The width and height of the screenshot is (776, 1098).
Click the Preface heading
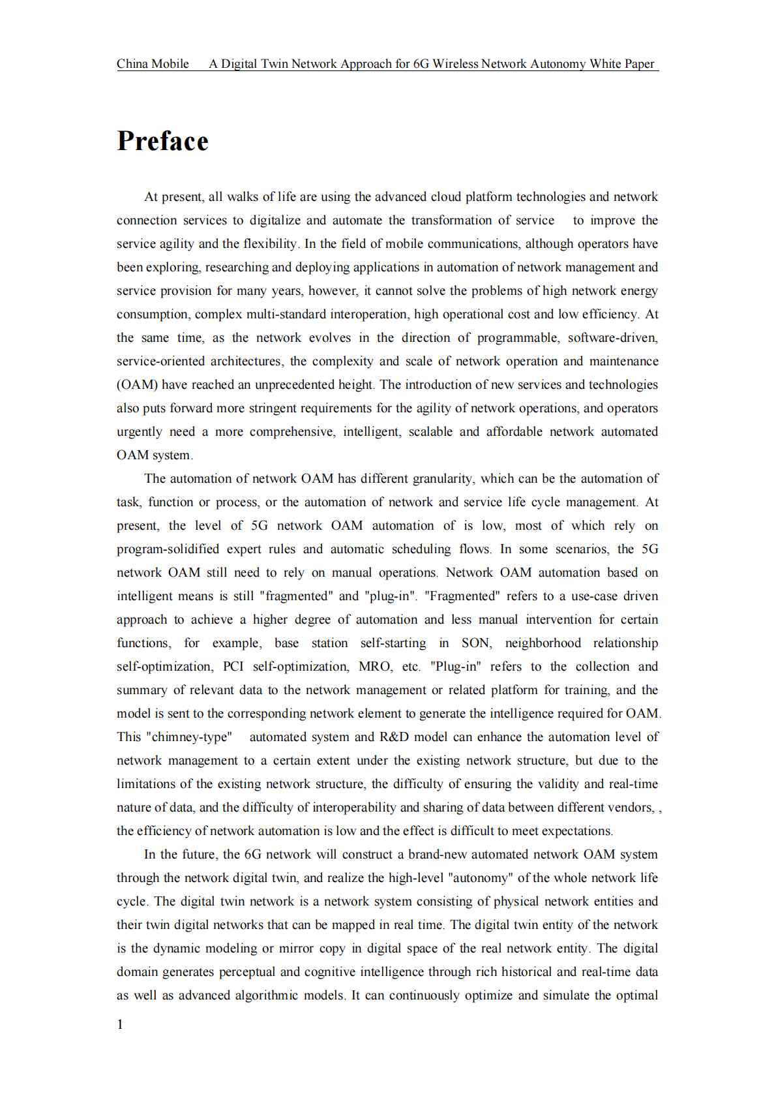(x=162, y=142)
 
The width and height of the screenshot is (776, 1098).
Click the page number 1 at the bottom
(x=120, y=1024)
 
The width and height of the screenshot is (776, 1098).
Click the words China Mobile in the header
(x=153, y=64)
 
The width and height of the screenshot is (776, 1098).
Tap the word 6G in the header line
(x=421, y=64)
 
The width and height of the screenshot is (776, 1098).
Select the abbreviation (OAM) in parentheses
(x=137, y=385)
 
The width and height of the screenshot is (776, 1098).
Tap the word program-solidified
(x=168, y=549)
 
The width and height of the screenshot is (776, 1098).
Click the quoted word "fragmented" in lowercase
(x=296, y=596)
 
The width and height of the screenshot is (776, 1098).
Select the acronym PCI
(x=233, y=667)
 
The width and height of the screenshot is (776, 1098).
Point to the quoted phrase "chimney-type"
(x=188, y=737)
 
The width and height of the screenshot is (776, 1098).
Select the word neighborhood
(x=543, y=643)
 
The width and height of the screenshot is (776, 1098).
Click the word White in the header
(x=605, y=64)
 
